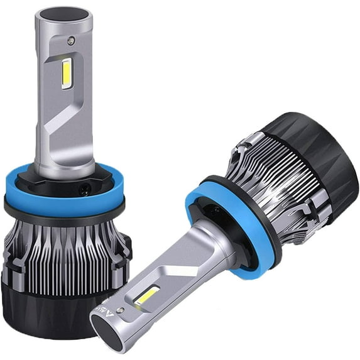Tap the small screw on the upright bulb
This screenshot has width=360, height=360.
70,41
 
